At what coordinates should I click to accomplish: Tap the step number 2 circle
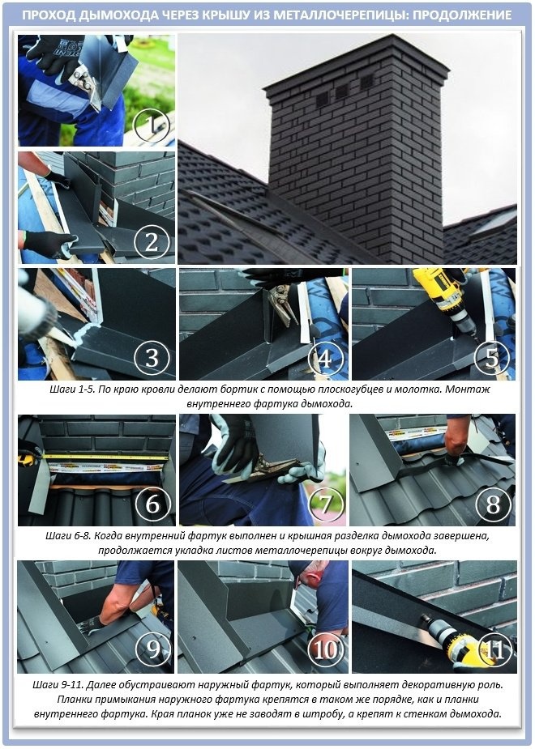point(152,242)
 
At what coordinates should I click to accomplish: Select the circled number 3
point(152,358)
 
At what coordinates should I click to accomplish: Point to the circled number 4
point(324,358)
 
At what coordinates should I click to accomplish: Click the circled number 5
point(492,358)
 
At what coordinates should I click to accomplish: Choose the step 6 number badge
point(152,504)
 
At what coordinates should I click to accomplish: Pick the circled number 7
point(326,504)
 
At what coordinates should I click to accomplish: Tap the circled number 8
point(493,504)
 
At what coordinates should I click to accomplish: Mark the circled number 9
point(153,649)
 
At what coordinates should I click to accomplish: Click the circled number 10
point(326,649)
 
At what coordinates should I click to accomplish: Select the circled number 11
point(494,649)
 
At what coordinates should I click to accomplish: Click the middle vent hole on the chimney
point(342,91)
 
